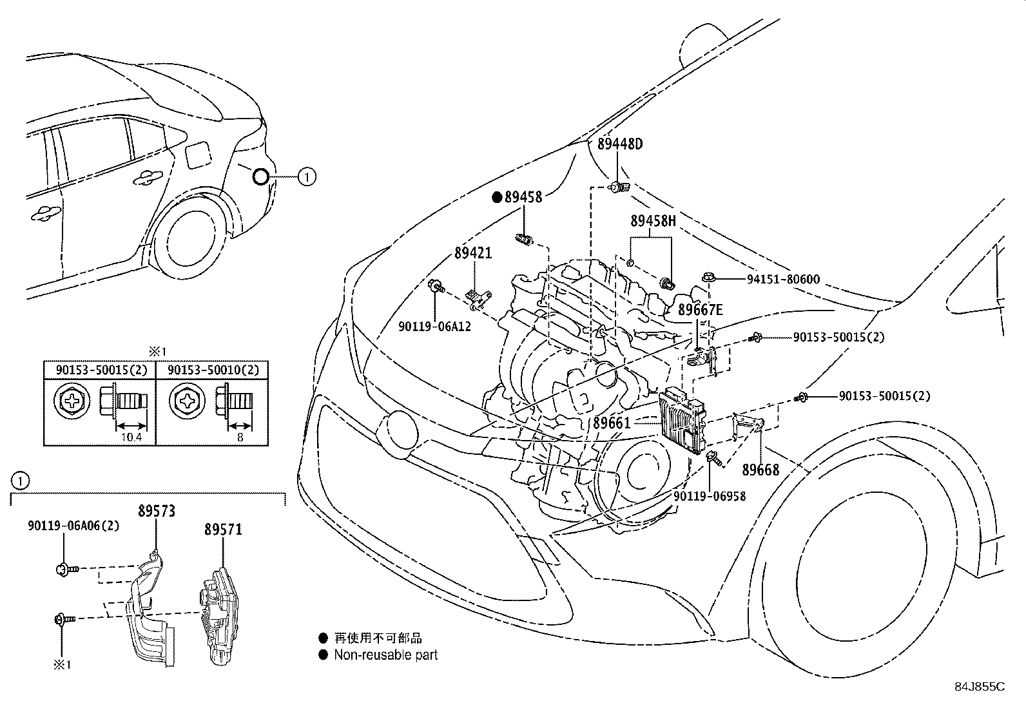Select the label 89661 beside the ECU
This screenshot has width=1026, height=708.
[x=612, y=423]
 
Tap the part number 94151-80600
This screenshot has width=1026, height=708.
[x=783, y=280]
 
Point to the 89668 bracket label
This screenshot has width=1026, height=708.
[x=760, y=470]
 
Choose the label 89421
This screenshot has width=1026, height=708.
[x=473, y=253]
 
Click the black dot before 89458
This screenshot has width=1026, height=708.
[x=497, y=198]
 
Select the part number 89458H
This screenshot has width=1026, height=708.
[x=653, y=222]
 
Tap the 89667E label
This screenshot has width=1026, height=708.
[x=701, y=311]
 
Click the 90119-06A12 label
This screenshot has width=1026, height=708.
[x=434, y=327]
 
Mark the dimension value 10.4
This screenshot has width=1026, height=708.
[x=130, y=437]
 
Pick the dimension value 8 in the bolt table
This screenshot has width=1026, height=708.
[x=240, y=437]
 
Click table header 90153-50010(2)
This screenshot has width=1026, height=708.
[x=213, y=370]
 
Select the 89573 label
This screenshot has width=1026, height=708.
[x=156, y=512]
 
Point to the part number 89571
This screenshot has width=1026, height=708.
[x=223, y=530]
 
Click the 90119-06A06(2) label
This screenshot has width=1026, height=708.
[x=73, y=526]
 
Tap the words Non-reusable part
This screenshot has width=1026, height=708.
[x=385, y=655]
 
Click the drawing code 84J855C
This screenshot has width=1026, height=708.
[x=979, y=687]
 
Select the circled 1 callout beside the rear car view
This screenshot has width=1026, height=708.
[x=307, y=176]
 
